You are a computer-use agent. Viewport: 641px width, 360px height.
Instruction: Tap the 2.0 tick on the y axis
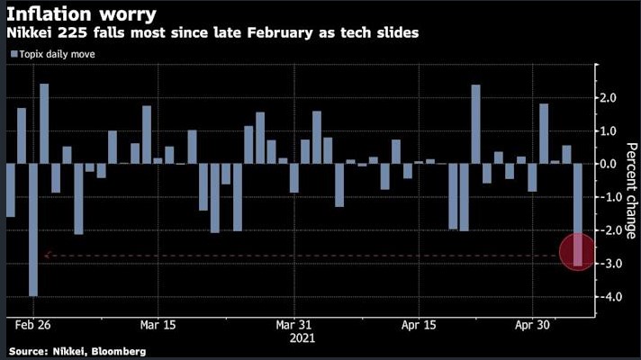coord(609,97)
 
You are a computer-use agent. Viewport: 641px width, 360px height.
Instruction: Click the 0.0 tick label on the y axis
coord(609,164)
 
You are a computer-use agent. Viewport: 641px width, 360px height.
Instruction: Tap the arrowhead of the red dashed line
coord(46,256)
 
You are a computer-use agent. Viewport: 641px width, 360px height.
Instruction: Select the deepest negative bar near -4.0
coord(33,229)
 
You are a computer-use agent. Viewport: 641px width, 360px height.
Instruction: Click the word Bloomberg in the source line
coord(117,350)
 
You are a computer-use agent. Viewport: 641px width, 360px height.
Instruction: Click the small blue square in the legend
coord(14,54)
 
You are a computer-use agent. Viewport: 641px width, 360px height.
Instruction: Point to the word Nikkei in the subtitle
coord(29,33)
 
